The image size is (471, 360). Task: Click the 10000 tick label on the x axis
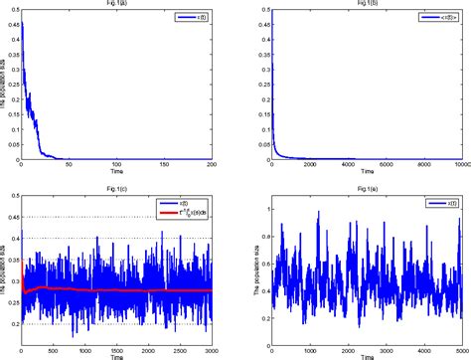pos(461,166)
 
